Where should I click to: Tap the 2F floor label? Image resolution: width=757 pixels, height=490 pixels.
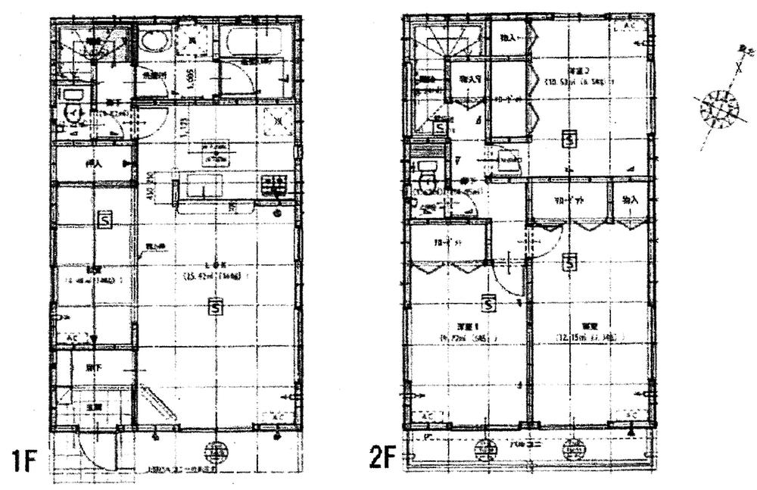click(382, 460)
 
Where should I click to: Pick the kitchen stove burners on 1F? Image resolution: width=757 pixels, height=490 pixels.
click(273, 186)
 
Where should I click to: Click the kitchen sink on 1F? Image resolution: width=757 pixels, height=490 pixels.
click(201, 186)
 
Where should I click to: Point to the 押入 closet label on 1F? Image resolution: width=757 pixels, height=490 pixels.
click(94, 163)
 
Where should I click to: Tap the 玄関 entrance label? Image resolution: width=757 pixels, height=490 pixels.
click(92, 407)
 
